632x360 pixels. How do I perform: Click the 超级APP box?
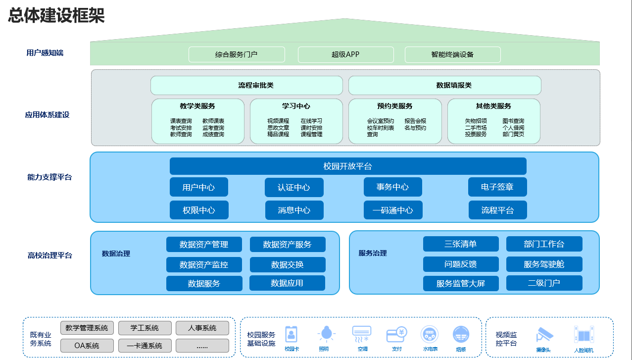click(345, 54)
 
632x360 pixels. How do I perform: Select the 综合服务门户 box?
click(237, 54)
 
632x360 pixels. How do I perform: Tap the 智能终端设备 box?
click(452, 54)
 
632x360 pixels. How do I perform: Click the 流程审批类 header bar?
click(246, 85)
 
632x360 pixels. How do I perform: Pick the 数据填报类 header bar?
click(444, 85)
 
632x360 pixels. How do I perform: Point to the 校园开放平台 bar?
click(348, 166)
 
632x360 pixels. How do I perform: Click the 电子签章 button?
click(497, 187)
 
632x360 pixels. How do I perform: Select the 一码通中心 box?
click(393, 210)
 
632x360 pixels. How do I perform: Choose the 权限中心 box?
click(199, 210)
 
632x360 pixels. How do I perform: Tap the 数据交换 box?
click(288, 265)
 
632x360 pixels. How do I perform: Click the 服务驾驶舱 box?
click(544, 264)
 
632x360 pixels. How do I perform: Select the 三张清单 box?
click(461, 244)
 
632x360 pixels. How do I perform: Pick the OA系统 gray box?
click(87, 346)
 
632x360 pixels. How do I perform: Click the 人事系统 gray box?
click(202, 328)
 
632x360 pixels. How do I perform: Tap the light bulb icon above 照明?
click(326, 334)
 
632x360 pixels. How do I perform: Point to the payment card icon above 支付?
click(396, 334)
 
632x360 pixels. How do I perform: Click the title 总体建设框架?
click(56, 16)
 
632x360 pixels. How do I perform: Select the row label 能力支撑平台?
click(49, 177)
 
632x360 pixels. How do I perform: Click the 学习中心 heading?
click(296, 106)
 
